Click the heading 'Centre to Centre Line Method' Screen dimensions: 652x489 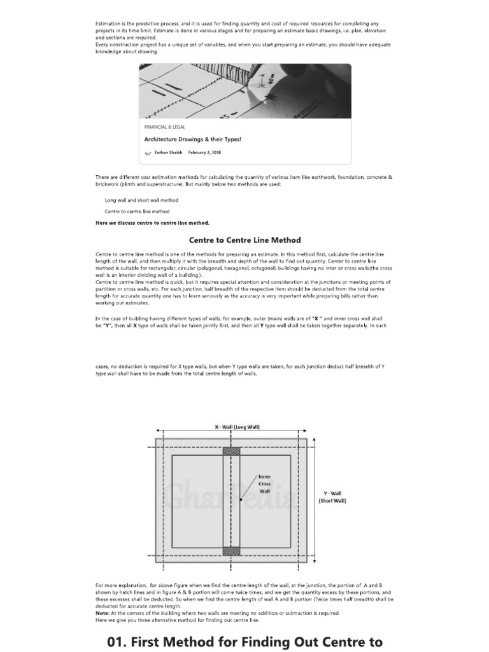[245, 240]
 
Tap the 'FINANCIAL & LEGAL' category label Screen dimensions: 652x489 [164, 127]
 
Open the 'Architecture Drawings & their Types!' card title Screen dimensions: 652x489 [192, 139]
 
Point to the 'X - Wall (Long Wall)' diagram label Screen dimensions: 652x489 [237, 427]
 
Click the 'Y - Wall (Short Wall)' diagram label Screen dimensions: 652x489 [332, 497]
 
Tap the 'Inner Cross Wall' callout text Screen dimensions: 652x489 [264, 484]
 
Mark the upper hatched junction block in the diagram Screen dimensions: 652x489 [231, 451]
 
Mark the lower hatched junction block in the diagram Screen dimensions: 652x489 [231, 551]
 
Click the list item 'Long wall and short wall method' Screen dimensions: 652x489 [141, 200]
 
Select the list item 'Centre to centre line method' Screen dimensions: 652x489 [137, 211]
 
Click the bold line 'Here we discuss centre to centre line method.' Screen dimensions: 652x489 [152, 223]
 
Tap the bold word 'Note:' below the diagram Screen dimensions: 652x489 [102, 613]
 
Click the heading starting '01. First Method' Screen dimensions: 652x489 [245, 641]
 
